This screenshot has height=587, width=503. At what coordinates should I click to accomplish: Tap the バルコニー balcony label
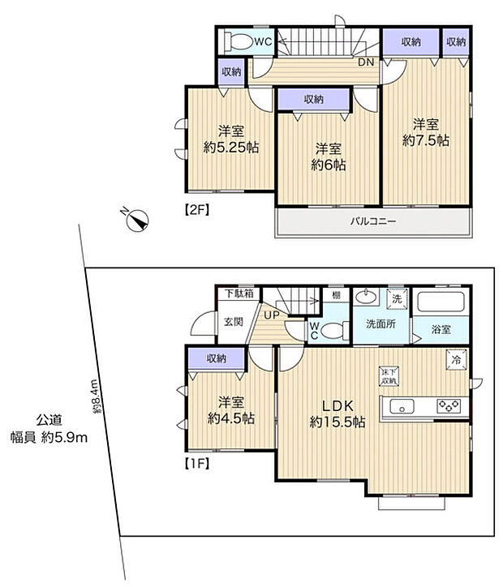point(372,221)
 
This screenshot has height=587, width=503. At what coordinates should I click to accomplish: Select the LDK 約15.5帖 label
point(337,413)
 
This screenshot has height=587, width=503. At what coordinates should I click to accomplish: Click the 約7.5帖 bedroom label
point(426,132)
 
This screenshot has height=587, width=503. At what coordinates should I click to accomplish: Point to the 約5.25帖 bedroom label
point(230,139)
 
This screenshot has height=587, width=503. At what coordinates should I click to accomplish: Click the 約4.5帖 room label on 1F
point(231,409)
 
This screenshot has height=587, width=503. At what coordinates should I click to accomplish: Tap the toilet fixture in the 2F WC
point(241,41)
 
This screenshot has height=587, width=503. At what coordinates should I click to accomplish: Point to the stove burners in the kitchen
point(449,406)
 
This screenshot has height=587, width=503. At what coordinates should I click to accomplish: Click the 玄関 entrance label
point(233,322)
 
